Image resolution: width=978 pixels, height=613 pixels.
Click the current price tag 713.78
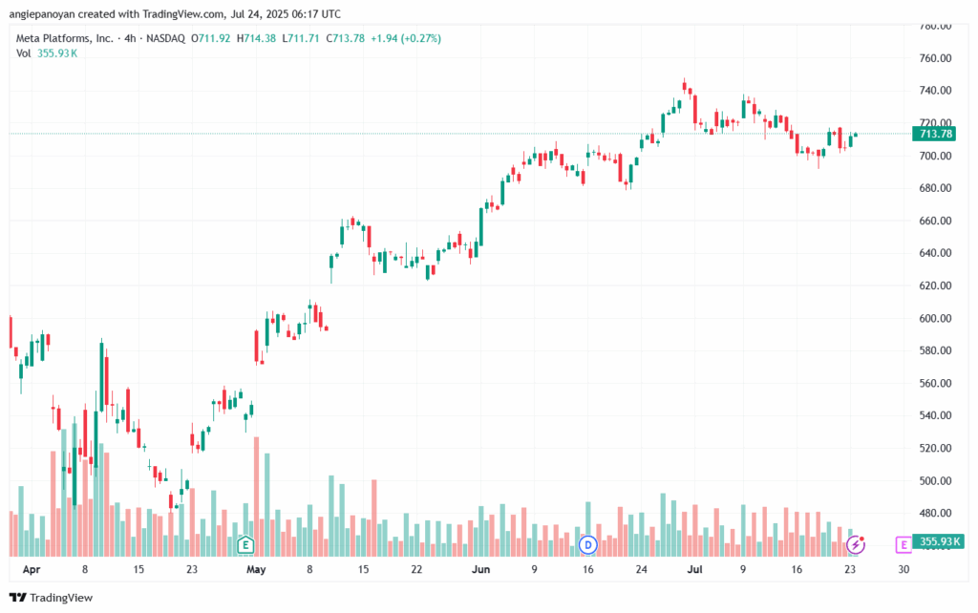(x=934, y=134)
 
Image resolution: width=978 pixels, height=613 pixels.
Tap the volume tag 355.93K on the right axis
(x=938, y=541)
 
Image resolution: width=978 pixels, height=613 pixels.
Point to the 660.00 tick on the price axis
(x=936, y=221)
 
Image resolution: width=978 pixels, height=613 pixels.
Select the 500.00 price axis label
(x=936, y=481)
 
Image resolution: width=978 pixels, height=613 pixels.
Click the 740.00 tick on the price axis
(x=936, y=91)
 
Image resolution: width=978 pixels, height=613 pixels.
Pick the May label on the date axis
(x=256, y=569)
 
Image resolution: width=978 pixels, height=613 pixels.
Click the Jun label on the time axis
(x=480, y=569)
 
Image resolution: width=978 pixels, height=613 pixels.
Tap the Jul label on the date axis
(x=695, y=569)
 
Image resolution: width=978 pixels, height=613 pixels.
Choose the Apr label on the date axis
(x=32, y=569)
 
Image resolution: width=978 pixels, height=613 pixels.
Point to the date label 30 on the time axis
(x=904, y=569)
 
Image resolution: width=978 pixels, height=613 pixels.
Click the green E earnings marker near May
(x=245, y=545)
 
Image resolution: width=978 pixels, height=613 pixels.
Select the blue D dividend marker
(x=587, y=545)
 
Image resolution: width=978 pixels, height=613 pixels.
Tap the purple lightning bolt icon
(x=856, y=545)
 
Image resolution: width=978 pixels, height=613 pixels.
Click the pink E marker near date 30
(x=904, y=545)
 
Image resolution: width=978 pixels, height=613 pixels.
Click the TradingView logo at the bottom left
(x=52, y=598)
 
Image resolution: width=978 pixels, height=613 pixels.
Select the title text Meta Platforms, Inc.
(x=65, y=38)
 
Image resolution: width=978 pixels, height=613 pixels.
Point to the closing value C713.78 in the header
(x=345, y=38)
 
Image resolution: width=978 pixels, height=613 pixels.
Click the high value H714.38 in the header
(x=256, y=38)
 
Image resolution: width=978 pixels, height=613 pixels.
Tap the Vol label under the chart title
(x=24, y=53)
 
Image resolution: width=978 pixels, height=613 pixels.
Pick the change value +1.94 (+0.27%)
(x=406, y=38)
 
